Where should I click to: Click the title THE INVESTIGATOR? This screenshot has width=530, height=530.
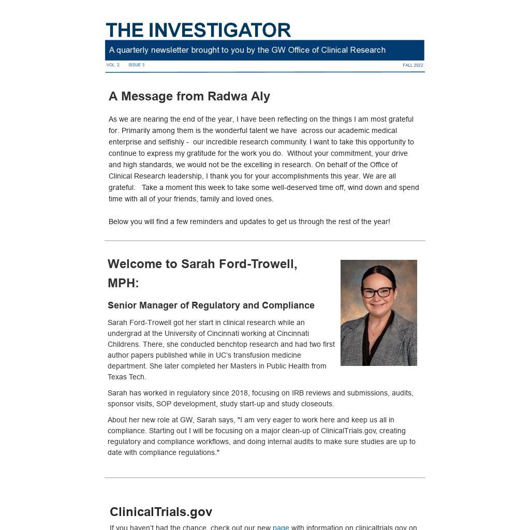198,30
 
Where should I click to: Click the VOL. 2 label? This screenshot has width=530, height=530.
113,65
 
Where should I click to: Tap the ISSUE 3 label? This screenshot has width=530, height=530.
136,65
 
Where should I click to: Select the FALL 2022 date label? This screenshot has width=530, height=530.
413,65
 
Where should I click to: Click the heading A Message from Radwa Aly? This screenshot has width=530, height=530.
189,96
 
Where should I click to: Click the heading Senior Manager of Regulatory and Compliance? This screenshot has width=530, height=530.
211,305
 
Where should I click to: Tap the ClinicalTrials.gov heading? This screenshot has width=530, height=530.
161,512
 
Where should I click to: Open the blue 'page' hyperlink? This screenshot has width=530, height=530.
281,527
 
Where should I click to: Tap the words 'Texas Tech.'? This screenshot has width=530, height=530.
127,377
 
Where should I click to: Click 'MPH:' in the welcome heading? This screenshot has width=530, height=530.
123,283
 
